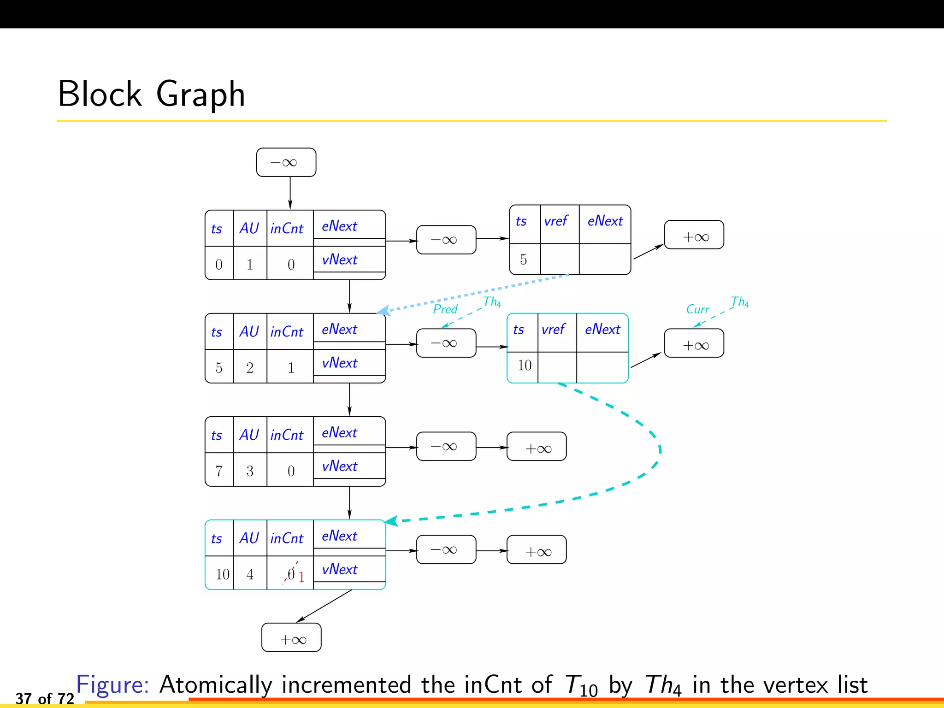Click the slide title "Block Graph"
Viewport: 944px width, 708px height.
click(x=151, y=94)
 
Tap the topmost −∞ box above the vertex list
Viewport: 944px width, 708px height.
click(x=286, y=162)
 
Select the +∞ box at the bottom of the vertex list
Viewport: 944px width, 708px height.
click(x=291, y=638)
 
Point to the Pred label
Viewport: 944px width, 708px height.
click(x=445, y=309)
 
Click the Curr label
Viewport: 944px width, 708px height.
click(x=697, y=309)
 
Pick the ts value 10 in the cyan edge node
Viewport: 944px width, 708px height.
click(x=524, y=366)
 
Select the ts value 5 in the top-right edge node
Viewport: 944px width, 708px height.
click(x=523, y=260)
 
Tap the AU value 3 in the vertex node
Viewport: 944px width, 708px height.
click(x=250, y=471)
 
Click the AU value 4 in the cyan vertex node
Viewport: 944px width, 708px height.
click(x=250, y=574)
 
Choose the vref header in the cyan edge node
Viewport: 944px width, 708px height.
click(x=553, y=330)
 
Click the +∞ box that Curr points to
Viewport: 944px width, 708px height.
click(x=694, y=344)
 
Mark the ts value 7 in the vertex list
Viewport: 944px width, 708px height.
click(x=219, y=471)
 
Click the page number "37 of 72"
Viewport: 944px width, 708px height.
click(x=45, y=698)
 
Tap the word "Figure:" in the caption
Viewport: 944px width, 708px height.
click(x=112, y=684)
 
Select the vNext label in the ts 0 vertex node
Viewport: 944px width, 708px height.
click(x=340, y=260)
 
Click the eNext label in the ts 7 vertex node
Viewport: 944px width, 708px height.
click(x=340, y=433)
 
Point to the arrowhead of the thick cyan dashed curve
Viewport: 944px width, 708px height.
click(x=391, y=521)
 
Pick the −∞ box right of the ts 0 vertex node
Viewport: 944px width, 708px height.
click(x=446, y=240)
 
